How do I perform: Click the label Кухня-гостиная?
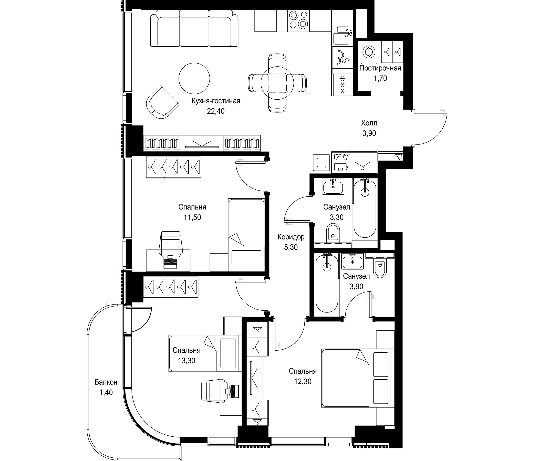tap(215, 101)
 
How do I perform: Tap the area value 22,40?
tap(215, 111)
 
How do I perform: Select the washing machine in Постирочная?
tap(368, 52)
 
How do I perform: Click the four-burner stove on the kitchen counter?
tap(298, 20)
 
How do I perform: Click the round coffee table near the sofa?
tap(194, 78)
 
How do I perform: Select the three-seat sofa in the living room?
tap(194, 31)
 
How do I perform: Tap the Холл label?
tap(369, 123)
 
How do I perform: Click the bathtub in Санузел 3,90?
tap(327, 283)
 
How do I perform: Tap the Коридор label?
tap(291, 237)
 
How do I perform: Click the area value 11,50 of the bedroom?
tap(192, 217)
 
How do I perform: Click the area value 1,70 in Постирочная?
tap(380, 78)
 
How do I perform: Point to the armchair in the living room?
tap(162, 102)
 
